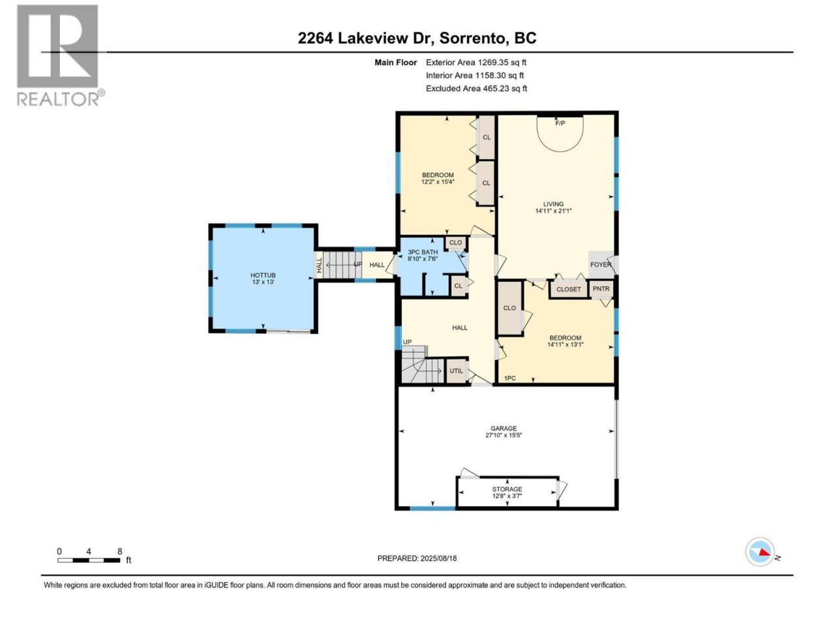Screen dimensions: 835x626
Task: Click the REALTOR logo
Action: coord(60,55)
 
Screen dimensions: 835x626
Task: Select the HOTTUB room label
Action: coord(263,275)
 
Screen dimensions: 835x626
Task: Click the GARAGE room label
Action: coord(503,428)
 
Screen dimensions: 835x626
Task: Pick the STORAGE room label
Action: coord(507,489)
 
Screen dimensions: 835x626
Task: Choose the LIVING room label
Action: coord(553,204)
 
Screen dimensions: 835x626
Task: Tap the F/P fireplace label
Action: coord(560,123)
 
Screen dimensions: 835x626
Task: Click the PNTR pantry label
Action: coord(601,288)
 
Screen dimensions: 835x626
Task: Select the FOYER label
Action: coord(600,265)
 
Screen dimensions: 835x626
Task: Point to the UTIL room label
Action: coord(456,370)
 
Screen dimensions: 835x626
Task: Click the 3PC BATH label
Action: coord(423,252)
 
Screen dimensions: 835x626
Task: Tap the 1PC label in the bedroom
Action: coord(509,378)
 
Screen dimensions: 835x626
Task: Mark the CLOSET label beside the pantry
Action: coord(568,290)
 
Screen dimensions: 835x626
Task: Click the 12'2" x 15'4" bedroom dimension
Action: coord(438,182)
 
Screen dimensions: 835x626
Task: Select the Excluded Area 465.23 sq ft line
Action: coord(476,89)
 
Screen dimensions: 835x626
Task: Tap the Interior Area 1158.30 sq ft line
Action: coord(475,76)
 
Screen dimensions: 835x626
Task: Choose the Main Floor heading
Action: coord(395,63)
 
